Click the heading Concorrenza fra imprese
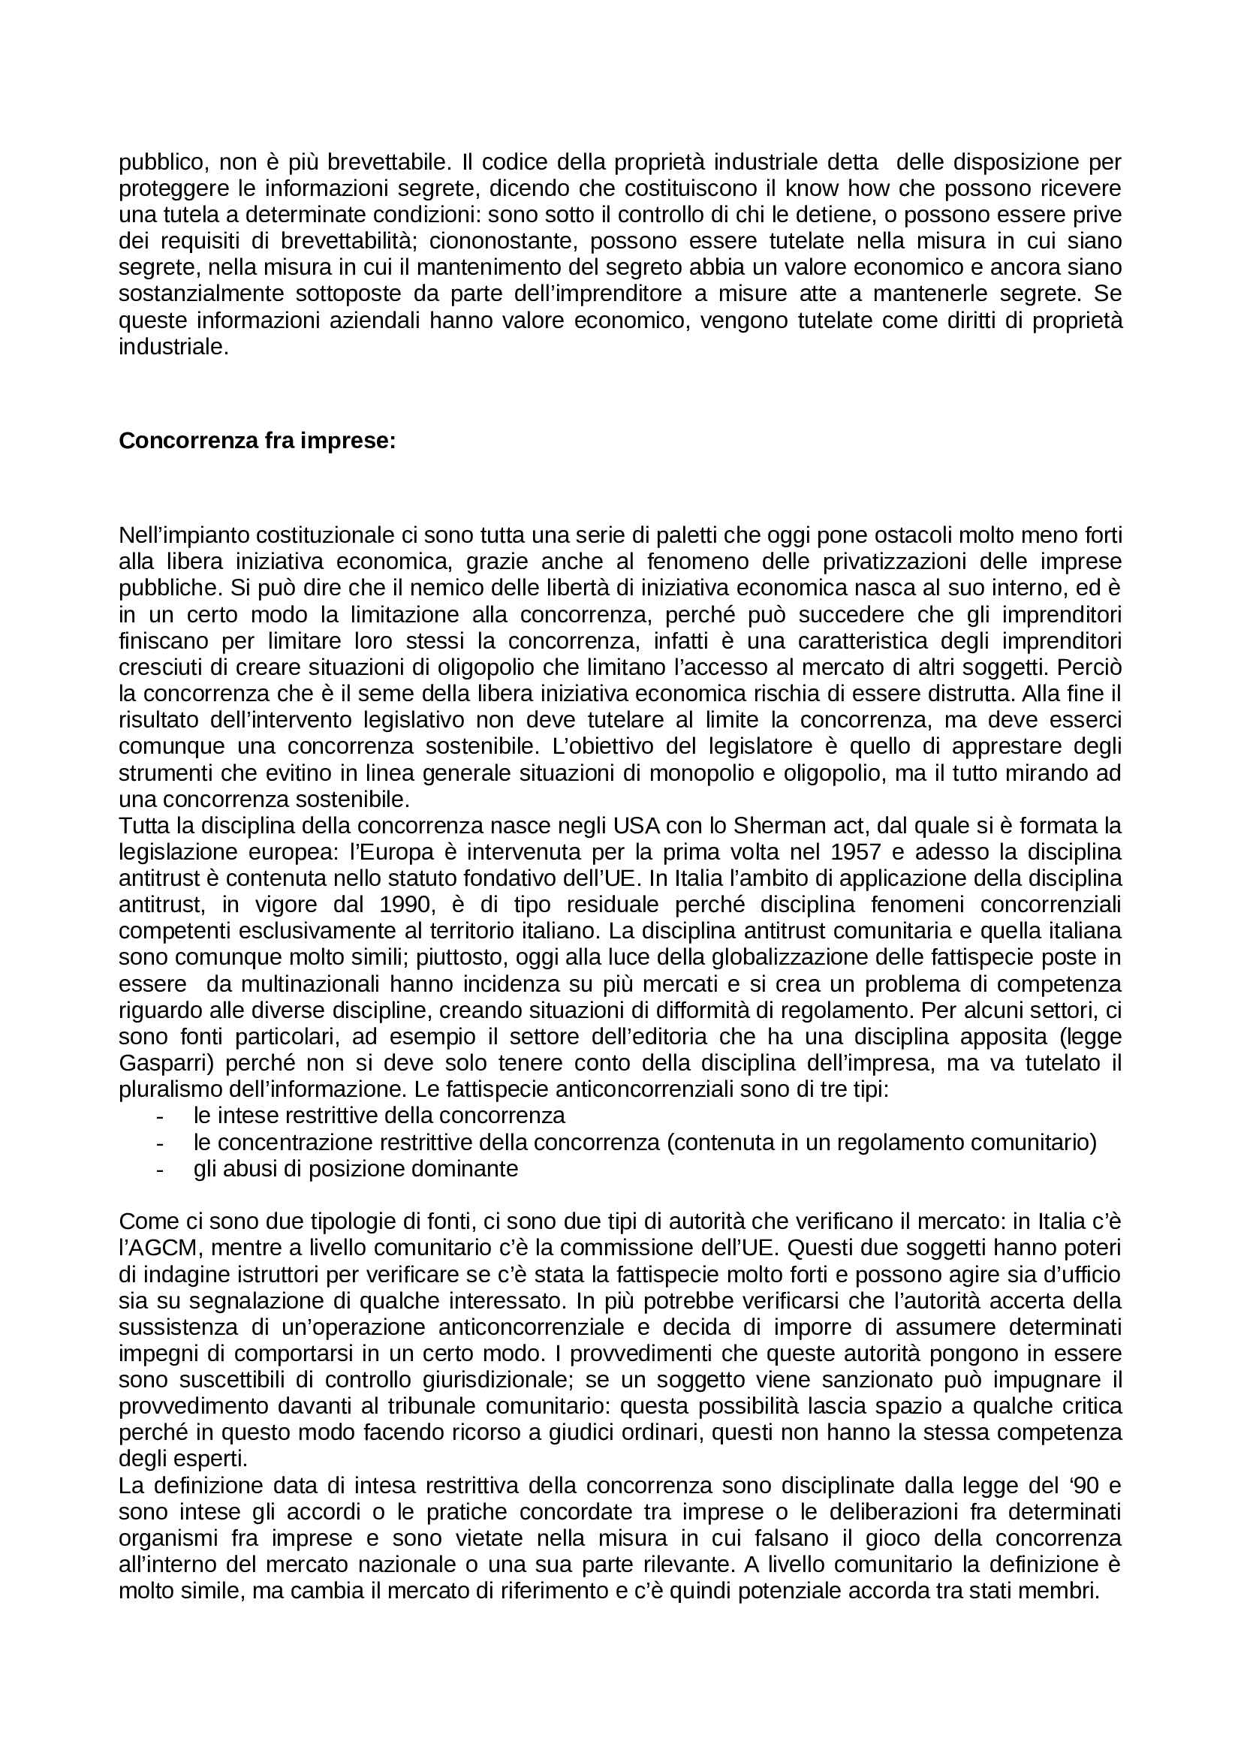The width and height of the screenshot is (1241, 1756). pos(257,441)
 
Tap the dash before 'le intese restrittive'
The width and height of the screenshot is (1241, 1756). pos(160,1116)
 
